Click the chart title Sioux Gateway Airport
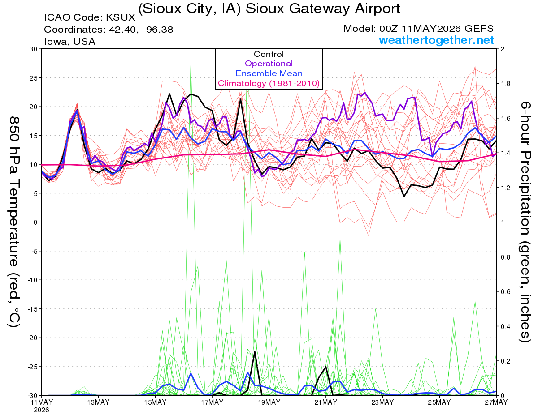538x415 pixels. click(x=269, y=9)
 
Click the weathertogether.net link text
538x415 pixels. click(x=436, y=40)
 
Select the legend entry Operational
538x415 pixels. click(x=269, y=64)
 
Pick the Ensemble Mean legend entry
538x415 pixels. click(x=269, y=73)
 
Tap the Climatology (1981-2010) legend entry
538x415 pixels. click(x=269, y=83)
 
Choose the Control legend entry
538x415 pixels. click(x=269, y=54)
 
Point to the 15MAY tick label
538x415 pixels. click(x=155, y=402)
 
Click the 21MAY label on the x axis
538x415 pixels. click(x=326, y=402)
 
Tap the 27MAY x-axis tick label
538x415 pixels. click(x=496, y=402)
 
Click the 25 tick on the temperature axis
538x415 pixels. click(x=34, y=78)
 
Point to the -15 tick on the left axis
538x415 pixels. click(x=32, y=309)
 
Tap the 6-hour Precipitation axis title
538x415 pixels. click(x=525, y=222)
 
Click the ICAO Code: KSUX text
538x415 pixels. click(x=90, y=17)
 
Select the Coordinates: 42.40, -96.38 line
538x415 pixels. click(x=108, y=30)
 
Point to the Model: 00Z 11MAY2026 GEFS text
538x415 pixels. click(x=418, y=29)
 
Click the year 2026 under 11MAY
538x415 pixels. click(x=41, y=410)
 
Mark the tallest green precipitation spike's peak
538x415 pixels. click(x=191, y=59)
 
